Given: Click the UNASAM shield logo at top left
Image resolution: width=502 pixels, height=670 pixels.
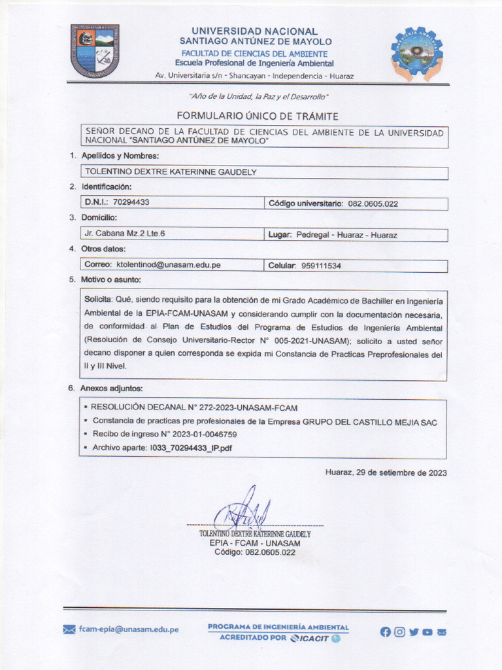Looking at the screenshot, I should [x=95, y=51].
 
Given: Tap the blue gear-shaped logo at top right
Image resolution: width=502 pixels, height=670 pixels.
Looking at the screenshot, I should [x=416, y=54].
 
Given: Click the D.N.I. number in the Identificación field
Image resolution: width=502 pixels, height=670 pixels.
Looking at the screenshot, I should [x=131, y=203].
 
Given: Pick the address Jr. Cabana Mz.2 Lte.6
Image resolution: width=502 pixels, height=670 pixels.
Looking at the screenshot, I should [x=125, y=234].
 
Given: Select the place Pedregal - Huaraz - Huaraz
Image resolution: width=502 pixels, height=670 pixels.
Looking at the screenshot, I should [x=346, y=235].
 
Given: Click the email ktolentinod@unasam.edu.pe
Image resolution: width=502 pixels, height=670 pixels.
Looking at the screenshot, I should [x=168, y=265].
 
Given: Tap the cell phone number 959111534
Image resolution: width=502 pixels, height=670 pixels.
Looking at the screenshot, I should [x=321, y=266].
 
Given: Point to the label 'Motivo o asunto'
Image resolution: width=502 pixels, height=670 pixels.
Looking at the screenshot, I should [x=111, y=280].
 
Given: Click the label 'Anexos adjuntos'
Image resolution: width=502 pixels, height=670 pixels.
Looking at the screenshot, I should [x=111, y=389].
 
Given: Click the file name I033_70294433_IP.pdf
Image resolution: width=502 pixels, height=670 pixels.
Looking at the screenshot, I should [x=191, y=448].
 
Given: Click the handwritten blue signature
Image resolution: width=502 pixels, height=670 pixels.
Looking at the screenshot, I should [x=243, y=510].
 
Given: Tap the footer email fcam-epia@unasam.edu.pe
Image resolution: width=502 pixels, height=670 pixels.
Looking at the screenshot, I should [x=128, y=629].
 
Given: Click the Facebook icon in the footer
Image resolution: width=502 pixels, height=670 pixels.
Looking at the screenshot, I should [x=385, y=632].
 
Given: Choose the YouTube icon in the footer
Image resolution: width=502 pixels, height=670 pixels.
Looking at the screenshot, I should [x=427, y=632].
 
